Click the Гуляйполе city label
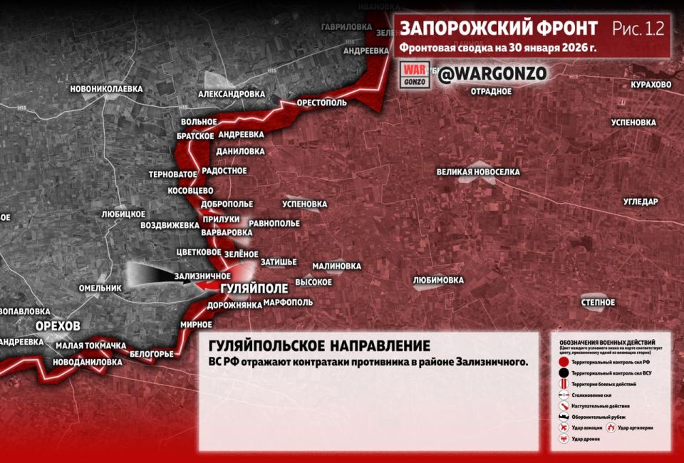254,288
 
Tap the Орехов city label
58,326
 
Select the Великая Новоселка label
478,172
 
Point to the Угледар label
641,202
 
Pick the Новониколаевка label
106,89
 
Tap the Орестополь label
322,103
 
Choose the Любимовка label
438,280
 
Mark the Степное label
598,303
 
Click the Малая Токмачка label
90,345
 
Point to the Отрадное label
492,91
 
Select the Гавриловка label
342,26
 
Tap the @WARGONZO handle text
492,73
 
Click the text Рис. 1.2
638,28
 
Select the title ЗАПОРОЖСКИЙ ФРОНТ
499,28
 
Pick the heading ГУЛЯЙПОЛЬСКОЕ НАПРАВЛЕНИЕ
319,346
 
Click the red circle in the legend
563,362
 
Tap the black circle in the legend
563,373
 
